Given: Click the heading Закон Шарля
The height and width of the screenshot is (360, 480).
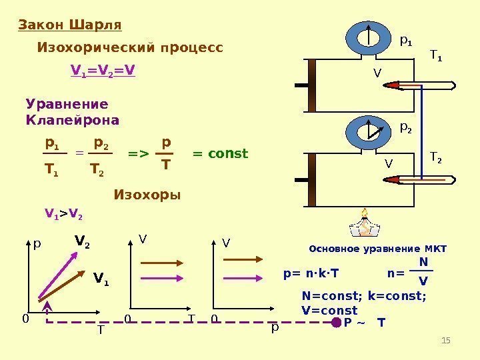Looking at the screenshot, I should pos(69,25).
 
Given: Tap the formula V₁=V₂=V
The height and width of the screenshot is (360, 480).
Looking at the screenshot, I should pos(103,69).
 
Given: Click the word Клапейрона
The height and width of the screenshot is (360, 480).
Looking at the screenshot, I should pos(72,121).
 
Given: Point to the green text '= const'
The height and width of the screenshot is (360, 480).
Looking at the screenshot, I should pos(220,154).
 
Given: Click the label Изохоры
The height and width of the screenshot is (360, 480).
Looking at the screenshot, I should pos(147,195).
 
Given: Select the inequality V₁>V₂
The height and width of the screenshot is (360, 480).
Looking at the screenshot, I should pos(63,214).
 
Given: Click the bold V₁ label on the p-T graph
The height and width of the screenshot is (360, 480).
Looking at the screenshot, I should pos(101,277).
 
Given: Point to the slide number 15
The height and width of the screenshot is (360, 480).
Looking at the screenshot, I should pos(447,342).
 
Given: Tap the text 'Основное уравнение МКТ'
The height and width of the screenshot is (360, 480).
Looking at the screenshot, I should pos(378,249).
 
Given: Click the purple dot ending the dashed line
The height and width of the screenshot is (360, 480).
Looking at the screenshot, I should pos(336,323).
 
